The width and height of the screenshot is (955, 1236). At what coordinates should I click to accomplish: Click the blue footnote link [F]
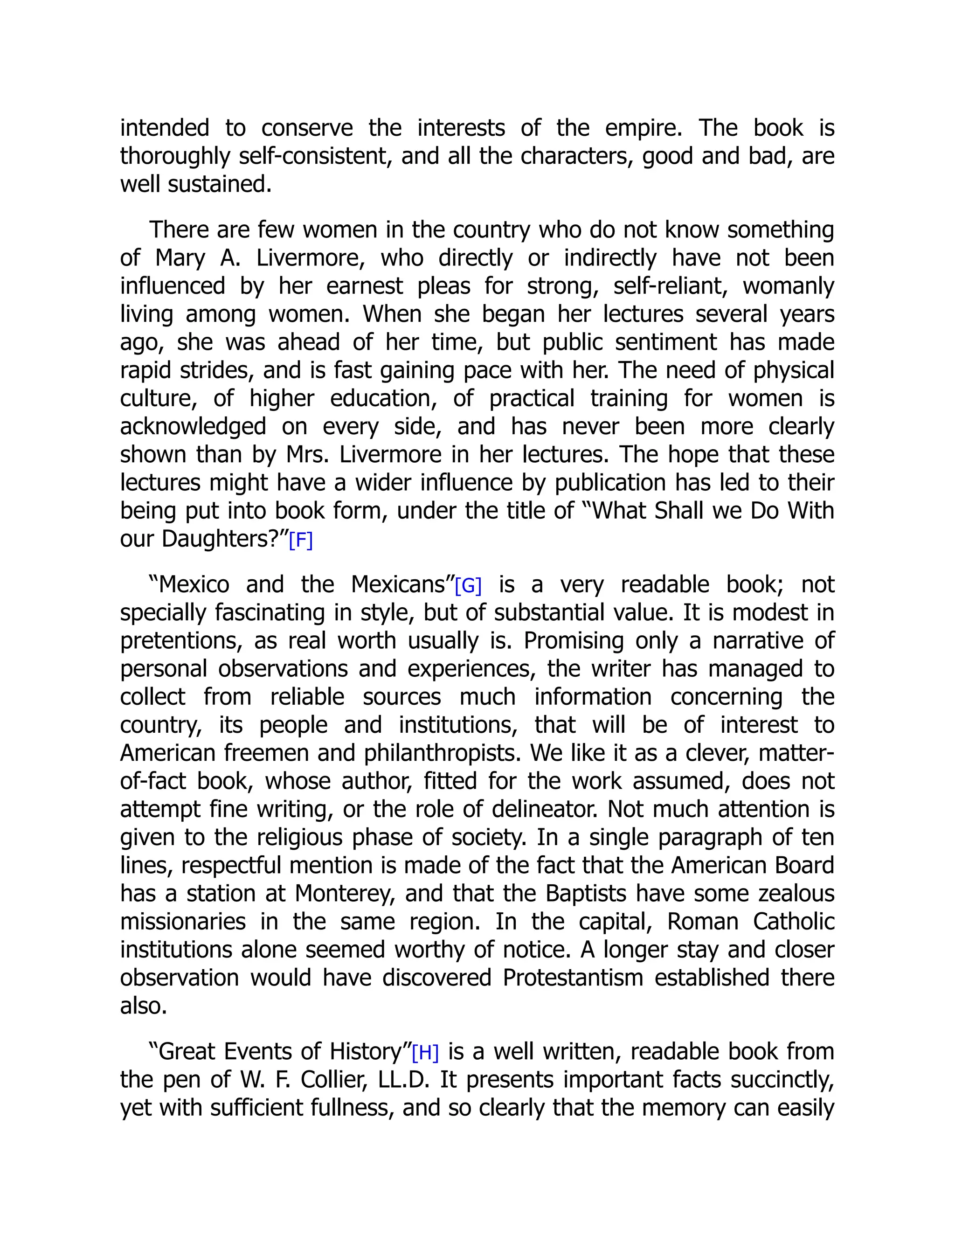click(x=300, y=541)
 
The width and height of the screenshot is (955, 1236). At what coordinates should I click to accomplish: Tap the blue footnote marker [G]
click(x=468, y=586)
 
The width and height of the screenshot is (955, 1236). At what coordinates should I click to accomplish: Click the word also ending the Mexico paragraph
click(x=143, y=1006)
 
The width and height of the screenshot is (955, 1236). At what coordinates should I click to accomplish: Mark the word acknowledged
click(x=193, y=427)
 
